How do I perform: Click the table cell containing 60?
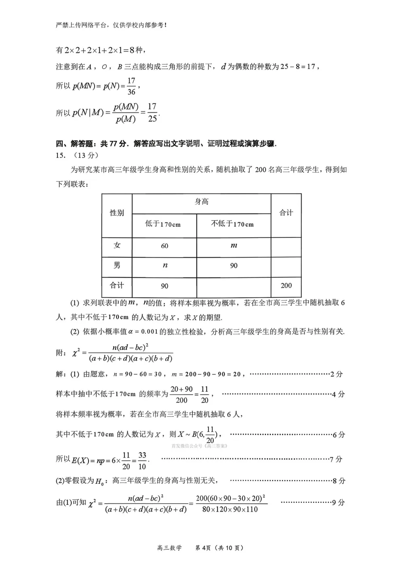[x=165, y=246]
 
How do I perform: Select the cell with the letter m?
[x=234, y=245]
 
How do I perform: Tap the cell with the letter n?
[x=165, y=265]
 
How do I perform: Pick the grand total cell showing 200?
[x=286, y=286]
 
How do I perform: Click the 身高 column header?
[x=201, y=202]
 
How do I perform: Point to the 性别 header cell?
[x=117, y=213]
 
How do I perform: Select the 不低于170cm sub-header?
[x=232, y=224]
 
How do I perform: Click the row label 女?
[x=117, y=245]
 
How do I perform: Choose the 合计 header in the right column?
[x=286, y=213]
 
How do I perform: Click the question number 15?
[x=60, y=155]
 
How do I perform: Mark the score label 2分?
[x=336, y=374]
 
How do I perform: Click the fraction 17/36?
[x=131, y=86]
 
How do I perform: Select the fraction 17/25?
[x=152, y=113]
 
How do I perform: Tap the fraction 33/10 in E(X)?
[x=142, y=461]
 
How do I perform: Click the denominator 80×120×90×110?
[x=230, y=510]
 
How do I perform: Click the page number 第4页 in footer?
[x=203, y=548]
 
